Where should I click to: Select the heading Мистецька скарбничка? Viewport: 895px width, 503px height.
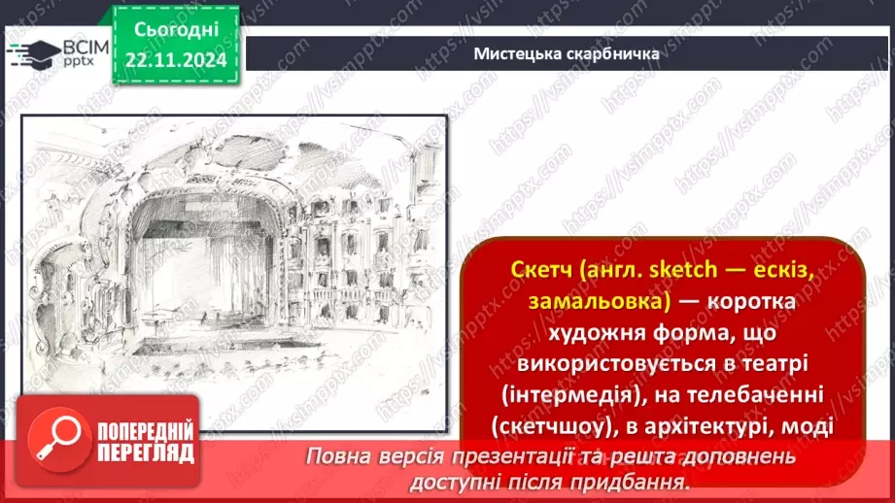point(567,53)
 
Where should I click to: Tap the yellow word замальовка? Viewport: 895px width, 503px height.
point(597,302)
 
